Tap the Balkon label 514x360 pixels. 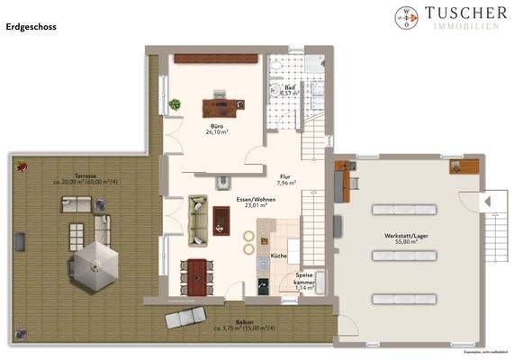click(x=246, y=324)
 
